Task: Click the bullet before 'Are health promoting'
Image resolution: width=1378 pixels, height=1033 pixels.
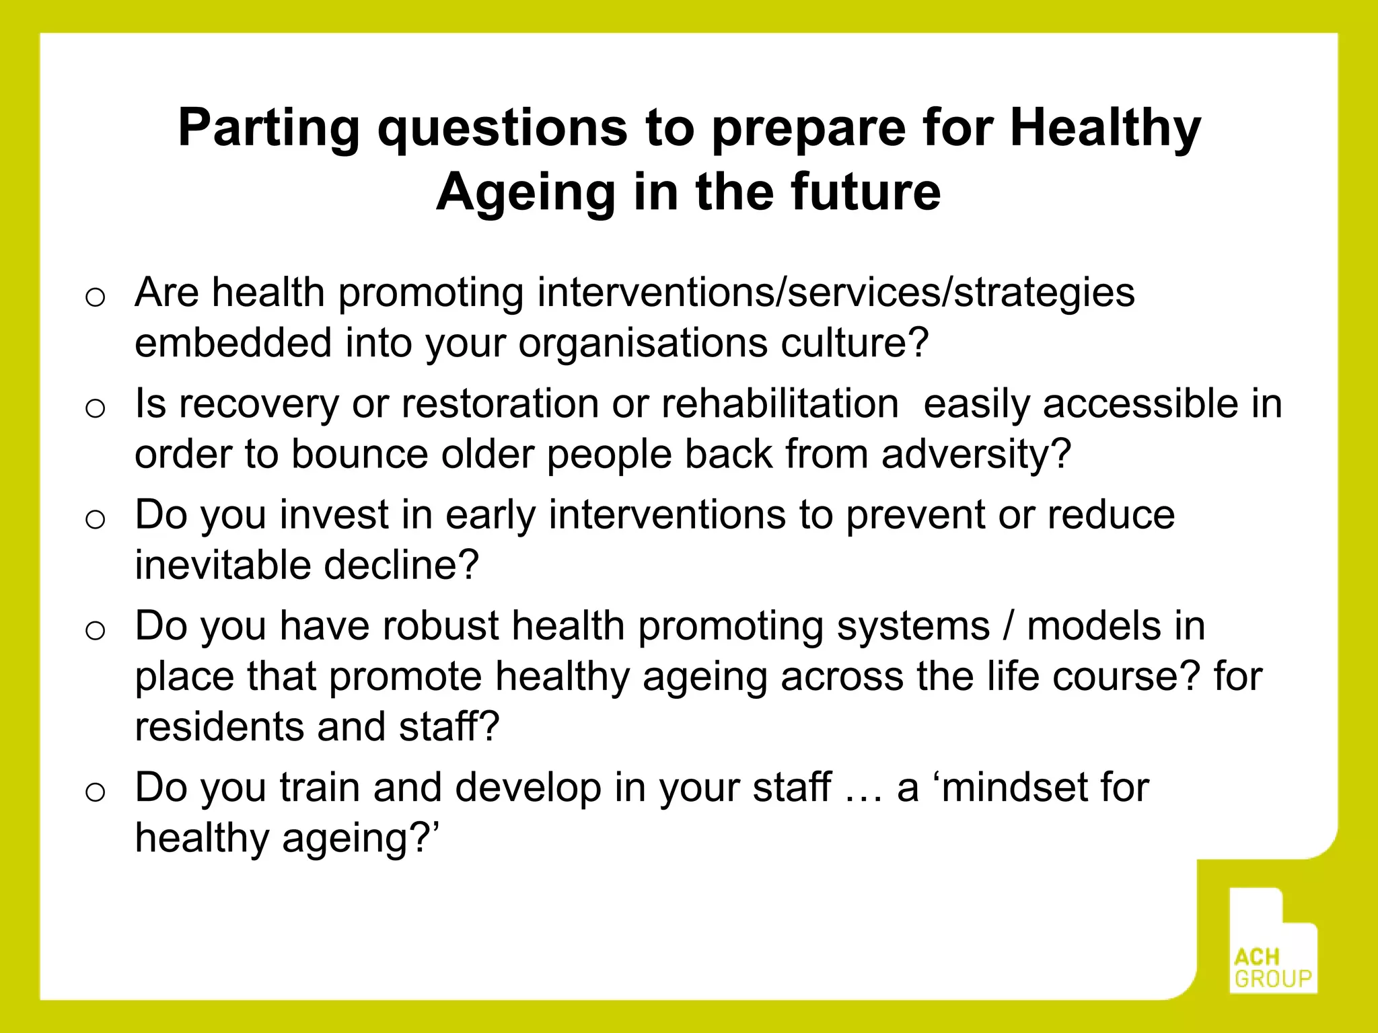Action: [x=96, y=297]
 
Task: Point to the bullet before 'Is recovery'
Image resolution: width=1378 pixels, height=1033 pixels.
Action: [x=96, y=408]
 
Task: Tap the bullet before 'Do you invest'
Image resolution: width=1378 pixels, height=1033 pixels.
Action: [x=96, y=519]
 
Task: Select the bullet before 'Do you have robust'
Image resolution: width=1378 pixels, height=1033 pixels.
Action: [x=96, y=630]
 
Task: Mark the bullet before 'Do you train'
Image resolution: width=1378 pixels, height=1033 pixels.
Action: [x=96, y=792]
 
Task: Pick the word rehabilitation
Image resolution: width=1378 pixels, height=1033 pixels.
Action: [x=780, y=404]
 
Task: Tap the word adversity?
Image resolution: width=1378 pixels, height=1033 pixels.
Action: [x=976, y=455]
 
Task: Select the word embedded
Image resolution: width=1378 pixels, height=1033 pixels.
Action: [x=233, y=343]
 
